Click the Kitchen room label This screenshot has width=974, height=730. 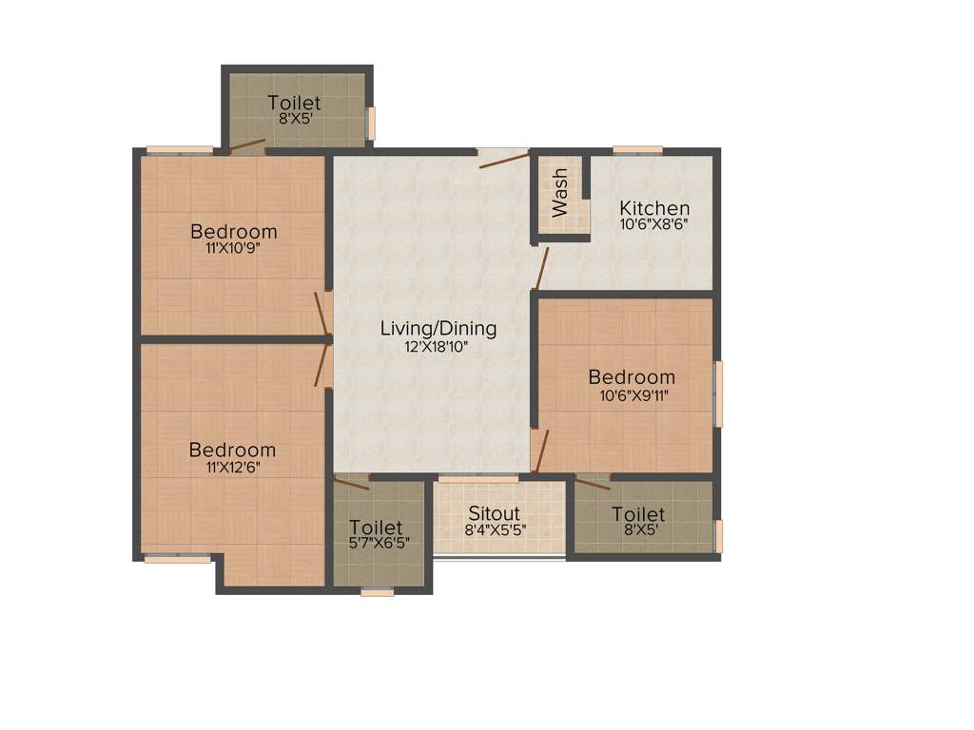pos(654,208)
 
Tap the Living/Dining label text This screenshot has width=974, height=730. pos(438,329)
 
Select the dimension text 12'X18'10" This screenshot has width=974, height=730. pos(438,347)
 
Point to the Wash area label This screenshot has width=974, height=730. pos(559,192)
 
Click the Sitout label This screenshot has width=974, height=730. pos(495,514)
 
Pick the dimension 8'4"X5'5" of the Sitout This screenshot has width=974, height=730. pos(496,531)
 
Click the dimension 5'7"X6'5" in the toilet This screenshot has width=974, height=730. pos(377,544)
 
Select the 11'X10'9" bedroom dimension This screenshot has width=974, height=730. pos(234,248)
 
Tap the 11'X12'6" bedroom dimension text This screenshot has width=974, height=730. pos(232,467)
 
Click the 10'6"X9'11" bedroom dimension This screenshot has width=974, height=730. pos(632,394)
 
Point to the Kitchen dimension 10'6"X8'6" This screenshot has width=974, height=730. pos(654,225)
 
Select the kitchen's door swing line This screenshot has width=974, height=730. pos(541,268)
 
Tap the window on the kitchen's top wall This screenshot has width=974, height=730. pos(637,149)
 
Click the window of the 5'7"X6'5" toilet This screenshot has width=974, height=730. pos(378,592)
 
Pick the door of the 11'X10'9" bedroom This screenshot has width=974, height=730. pos(322,313)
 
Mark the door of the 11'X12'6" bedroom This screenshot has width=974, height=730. pos(322,365)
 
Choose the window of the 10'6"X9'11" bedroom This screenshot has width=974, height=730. pos(719,393)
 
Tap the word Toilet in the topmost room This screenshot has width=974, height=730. pos(294,103)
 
